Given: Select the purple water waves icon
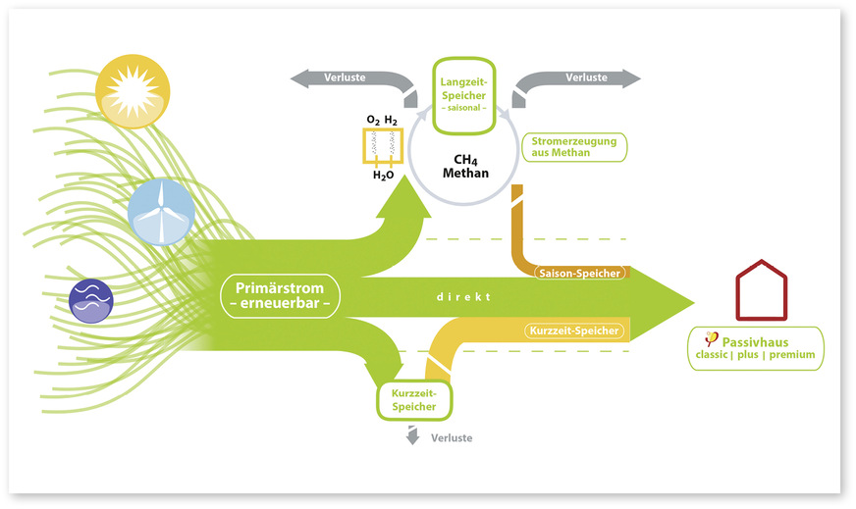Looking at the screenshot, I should pyautogui.click(x=91, y=300).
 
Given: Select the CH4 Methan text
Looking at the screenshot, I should pyautogui.click(x=464, y=166).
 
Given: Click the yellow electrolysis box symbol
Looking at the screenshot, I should pyautogui.click(x=382, y=146).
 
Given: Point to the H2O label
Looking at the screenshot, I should pyautogui.click(x=383, y=176).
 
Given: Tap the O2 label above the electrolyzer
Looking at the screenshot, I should pyautogui.click(x=372, y=119).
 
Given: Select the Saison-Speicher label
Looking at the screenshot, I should pyautogui.click(x=579, y=273).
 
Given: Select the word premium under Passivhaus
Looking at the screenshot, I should pyautogui.click(x=792, y=355).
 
